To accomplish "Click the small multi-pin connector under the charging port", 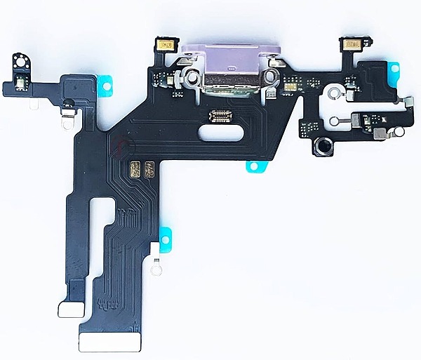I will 214,115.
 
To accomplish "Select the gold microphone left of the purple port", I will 168,46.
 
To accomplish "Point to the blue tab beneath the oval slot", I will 253,166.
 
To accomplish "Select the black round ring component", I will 324,148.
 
